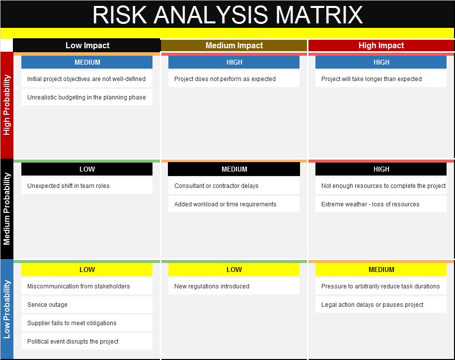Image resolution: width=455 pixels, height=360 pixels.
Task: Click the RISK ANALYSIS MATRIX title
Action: tap(227, 15)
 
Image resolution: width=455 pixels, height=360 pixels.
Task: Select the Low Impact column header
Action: tap(87, 45)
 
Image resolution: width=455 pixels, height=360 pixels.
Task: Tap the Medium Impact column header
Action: tap(234, 46)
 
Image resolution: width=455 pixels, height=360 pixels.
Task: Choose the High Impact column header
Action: tap(381, 46)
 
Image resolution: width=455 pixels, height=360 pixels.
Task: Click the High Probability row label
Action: tap(6, 105)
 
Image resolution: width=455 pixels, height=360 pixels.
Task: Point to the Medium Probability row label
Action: tap(6, 209)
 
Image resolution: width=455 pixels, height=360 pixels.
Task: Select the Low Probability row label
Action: tap(6, 309)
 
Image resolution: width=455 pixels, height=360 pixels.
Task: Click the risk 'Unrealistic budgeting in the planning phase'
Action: tap(86, 97)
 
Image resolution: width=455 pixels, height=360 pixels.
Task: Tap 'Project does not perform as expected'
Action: tap(225, 79)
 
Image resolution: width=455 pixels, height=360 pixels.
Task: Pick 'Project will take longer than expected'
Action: tap(372, 79)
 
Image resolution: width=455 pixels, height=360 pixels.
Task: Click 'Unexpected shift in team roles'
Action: tap(68, 186)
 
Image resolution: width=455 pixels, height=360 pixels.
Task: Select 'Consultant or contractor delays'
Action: tap(216, 186)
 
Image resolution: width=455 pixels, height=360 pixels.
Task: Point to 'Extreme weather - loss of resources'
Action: tap(370, 204)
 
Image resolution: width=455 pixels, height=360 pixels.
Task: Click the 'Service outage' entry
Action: tap(47, 305)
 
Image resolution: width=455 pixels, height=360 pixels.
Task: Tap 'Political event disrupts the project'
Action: tap(73, 342)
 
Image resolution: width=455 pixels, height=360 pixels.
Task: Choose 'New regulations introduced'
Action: tap(212, 286)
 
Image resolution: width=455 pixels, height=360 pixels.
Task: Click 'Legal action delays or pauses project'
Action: tap(373, 305)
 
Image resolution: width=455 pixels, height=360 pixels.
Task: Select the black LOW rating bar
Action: tap(87, 169)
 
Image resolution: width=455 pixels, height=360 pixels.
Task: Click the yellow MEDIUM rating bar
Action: tap(380, 270)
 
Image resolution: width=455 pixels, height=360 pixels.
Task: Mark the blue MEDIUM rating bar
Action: tap(87, 62)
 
